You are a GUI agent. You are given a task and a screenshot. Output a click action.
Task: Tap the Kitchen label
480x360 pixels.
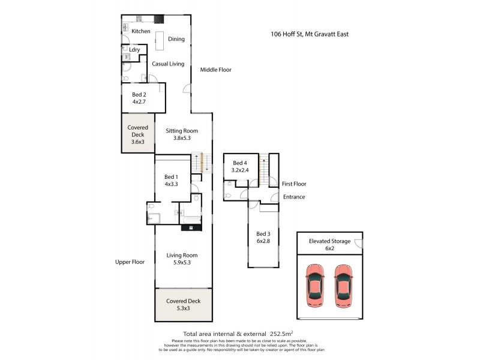141,31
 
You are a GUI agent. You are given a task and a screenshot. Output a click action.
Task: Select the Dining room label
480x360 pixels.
176,40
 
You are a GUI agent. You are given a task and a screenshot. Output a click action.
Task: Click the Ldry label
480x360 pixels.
135,50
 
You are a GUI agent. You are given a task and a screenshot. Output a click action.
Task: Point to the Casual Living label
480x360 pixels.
167,64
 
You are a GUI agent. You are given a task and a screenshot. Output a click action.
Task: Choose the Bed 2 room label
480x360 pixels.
139,95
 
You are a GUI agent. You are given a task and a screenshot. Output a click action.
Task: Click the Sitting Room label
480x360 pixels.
181,131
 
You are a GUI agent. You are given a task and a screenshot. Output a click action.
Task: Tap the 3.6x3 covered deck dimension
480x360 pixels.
138,142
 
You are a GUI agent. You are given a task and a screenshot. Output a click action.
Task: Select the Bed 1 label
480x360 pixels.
171,177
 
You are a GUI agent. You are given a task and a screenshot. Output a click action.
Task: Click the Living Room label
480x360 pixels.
182,255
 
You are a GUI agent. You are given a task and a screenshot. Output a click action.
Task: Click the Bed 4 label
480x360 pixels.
239,163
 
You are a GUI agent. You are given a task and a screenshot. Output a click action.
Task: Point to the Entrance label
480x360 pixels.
294,197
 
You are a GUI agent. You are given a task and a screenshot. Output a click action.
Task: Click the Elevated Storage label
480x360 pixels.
329,241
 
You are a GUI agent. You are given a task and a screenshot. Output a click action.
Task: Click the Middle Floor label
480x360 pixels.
215,70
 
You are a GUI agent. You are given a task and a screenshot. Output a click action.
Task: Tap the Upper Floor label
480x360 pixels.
130,262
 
